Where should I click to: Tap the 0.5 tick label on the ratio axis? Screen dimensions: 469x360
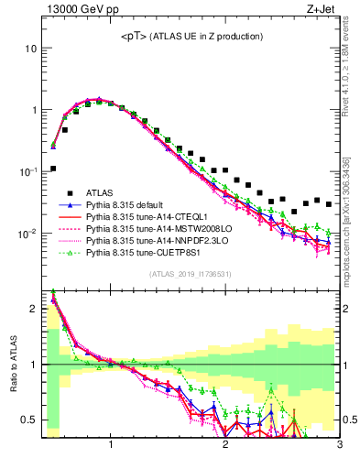(30, 420)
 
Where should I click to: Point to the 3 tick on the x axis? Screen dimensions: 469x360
(339, 445)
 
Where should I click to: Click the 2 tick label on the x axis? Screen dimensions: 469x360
(225, 445)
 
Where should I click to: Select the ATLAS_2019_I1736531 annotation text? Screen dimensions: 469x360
(191, 274)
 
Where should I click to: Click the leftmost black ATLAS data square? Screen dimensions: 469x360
(53, 169)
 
